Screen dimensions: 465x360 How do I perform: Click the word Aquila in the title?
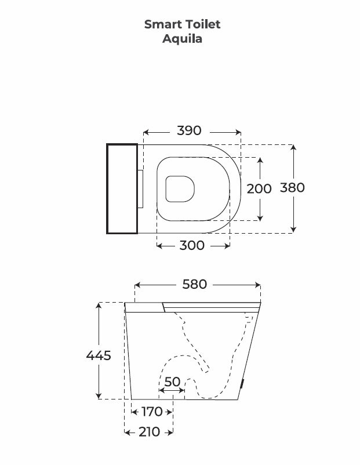tap(182, 39)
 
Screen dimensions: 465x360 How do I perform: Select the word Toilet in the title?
tap(203, 24)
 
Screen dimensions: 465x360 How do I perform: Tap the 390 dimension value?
tap(189, 130)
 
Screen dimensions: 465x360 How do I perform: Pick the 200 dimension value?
tap(259, 188)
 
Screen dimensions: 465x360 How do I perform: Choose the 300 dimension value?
tap(192, 245)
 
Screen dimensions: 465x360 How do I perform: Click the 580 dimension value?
tap(195, 285)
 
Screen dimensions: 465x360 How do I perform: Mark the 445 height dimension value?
tap(99, 355)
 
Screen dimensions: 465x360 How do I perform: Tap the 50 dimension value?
tap(172, 382)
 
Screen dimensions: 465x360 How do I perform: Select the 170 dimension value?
tap(151, 412)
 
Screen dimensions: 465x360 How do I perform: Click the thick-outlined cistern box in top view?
tap(122, 188)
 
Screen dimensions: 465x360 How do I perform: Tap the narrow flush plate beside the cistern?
tap(141, 188)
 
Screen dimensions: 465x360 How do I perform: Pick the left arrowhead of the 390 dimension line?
tap(146, 131)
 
